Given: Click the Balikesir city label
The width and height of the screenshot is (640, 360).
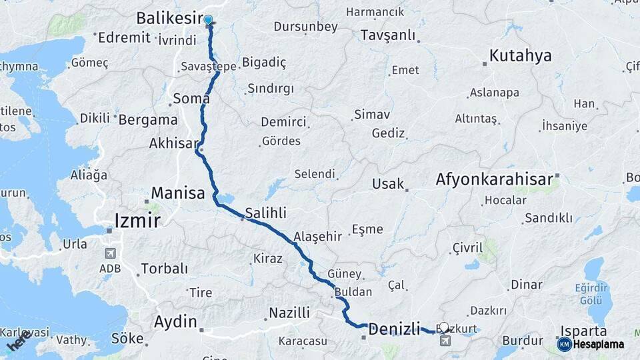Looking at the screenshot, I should pos(169,18).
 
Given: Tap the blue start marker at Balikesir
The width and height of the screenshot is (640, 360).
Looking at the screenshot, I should pos(209,21).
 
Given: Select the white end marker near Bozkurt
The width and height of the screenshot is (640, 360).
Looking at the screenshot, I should pos(445,328).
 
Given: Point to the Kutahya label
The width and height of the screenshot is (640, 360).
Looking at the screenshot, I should pos(520,56).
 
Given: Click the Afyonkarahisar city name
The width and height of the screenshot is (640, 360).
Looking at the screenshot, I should pos(494,179).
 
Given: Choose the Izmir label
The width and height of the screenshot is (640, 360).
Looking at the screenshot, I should pos(137,220).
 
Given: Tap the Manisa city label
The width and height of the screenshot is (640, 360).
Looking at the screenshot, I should pos(177,193).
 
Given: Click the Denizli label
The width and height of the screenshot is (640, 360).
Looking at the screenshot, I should pos(394,328).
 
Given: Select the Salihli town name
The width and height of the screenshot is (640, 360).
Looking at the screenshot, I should pos(265,213).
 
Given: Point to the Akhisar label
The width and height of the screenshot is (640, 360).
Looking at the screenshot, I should pos(174,143).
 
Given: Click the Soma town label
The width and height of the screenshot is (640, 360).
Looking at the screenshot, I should pos(191,99).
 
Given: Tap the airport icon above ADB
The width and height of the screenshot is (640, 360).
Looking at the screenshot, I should pos(110,254).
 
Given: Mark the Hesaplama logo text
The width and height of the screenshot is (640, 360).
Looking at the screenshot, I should pos(599,344).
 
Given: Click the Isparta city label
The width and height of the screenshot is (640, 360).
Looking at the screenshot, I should pos(583,331).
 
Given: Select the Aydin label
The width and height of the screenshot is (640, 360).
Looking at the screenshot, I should pos(175,322).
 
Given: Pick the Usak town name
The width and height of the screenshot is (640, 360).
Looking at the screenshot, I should pos(388,183).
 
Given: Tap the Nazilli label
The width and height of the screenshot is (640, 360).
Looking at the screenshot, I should pos(289,313).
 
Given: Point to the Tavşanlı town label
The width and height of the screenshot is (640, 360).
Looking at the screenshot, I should pos(387,35).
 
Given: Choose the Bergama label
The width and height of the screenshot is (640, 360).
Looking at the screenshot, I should pos(148,120).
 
